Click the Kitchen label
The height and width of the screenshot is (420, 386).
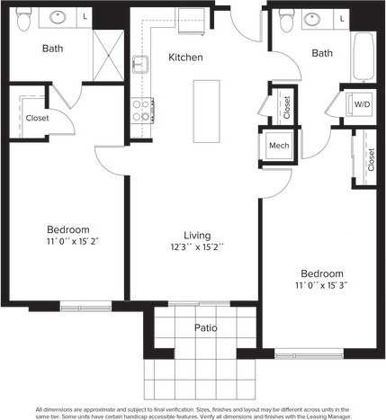point(186,58)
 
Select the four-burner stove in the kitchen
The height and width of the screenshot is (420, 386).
point(141,110)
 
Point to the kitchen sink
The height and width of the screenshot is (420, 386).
point(141,64)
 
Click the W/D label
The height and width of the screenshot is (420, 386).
point(362,104)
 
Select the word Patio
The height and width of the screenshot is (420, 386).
point(206,328)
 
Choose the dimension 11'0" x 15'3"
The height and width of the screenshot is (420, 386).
point(321,285)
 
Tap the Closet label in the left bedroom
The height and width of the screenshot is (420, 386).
point(37,117)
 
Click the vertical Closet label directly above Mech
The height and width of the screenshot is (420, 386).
point(285,108)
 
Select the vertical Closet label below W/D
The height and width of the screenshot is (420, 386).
point(370,159)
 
